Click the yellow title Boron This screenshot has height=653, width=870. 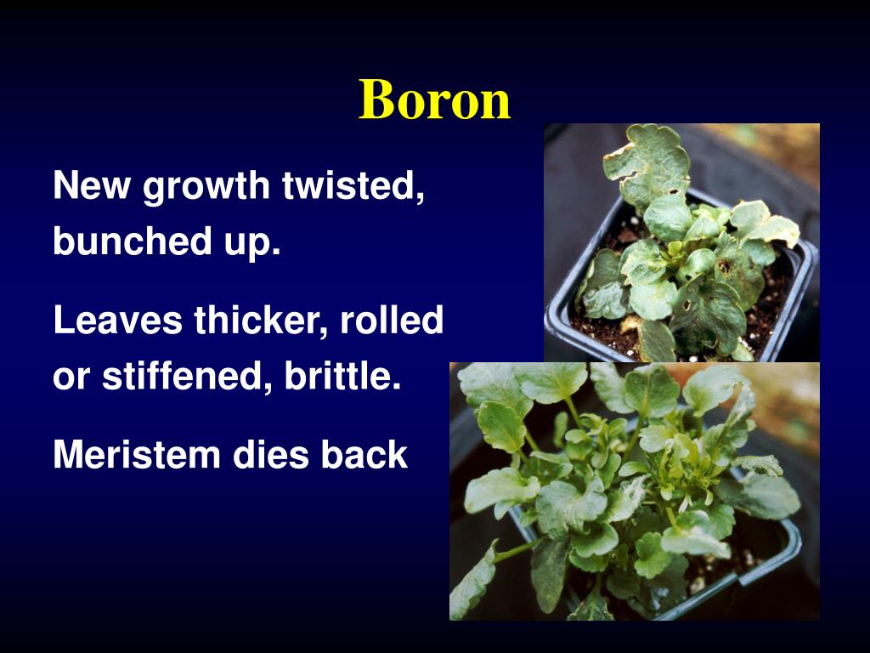pos(434,99)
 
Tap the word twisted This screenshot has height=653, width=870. pos(354,185)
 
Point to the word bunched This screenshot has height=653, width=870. pos(130,241)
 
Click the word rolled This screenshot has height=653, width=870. pos(392,321)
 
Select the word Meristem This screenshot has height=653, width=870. pos(136,455)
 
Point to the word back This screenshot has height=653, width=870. pos(364,455)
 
